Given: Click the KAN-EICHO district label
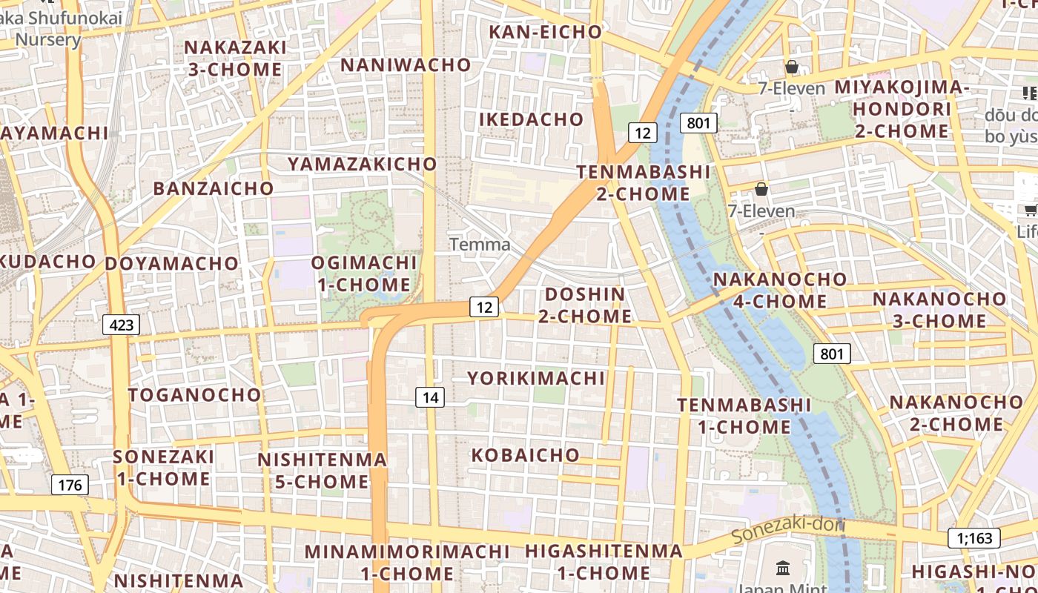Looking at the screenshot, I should (x=545, y=32).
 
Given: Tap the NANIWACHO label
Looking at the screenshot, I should (x=406, y=65).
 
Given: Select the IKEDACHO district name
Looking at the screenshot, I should (x=531, y=119).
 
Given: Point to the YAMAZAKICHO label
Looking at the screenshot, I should (x=363, y=164).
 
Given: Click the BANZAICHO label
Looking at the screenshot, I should (x=214, y=188).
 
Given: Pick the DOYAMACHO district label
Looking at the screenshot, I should (x=171, y=264).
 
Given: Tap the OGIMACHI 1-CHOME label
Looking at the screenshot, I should (x=364, y=274).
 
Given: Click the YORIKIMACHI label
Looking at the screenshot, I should (x=536, y=378).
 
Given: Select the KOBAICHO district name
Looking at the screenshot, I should (x=526, y=454).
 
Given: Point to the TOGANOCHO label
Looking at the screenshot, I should (x=194, y=394).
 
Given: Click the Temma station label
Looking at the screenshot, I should (x=480, y=245).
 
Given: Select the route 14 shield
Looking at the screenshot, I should (x=430, y=397).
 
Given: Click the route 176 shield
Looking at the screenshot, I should (x=70, y=486).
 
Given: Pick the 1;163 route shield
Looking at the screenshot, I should (x=973, y=538).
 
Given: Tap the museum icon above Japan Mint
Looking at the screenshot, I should (x=782, y=569).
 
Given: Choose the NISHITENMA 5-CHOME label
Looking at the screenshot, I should (x=322, y=471).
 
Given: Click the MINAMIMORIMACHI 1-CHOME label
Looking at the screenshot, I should (x=407, y=563).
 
